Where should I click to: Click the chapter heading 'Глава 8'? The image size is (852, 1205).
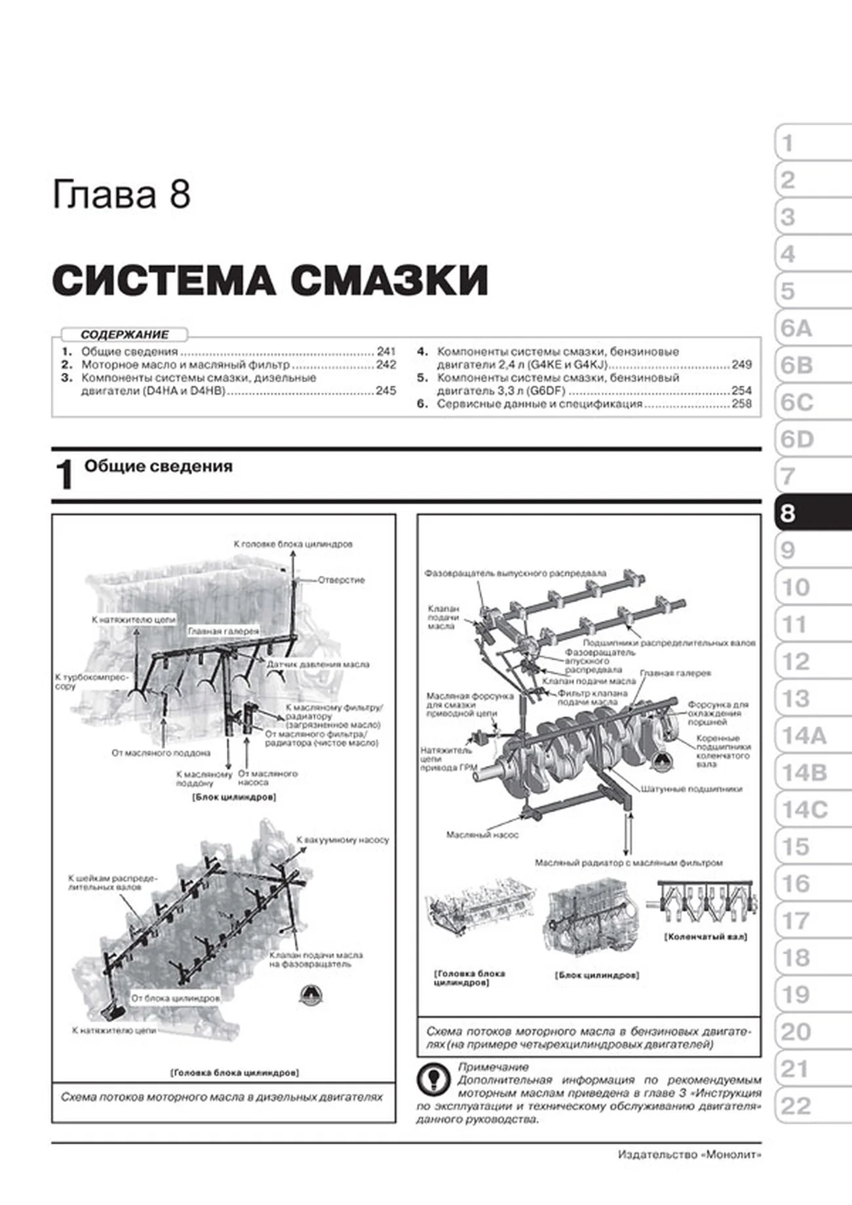[x=121, y=195]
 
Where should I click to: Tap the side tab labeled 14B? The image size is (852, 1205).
[x=805, y=773]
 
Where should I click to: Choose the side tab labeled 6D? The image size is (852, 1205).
[x=797, y=440]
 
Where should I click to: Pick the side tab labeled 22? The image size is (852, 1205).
[x=796, y=1107]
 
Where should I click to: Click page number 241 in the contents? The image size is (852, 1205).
[x=386, y=351]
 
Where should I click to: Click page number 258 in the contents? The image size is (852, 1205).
[x=741, y=404]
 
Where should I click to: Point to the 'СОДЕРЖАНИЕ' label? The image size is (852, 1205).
[x=125, y=334]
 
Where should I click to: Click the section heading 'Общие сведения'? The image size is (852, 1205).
[x=158, y=467]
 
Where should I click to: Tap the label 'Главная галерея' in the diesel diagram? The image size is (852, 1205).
[x=223, y=632]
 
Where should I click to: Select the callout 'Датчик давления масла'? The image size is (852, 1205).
[x=318, y=664]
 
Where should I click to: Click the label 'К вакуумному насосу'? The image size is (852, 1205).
[x=343, y=839]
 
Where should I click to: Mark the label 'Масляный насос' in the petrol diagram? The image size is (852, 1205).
[x=482, y=835]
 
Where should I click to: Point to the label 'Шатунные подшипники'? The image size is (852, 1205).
[x=691, y=789]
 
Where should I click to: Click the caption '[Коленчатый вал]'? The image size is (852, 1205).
[x=706, y=937]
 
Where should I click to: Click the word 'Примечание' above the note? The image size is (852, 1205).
[x=493, y=1067]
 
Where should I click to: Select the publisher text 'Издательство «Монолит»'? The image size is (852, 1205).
[x=689, y=1155]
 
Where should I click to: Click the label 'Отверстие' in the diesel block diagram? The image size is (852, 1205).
[x=341, y=580]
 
